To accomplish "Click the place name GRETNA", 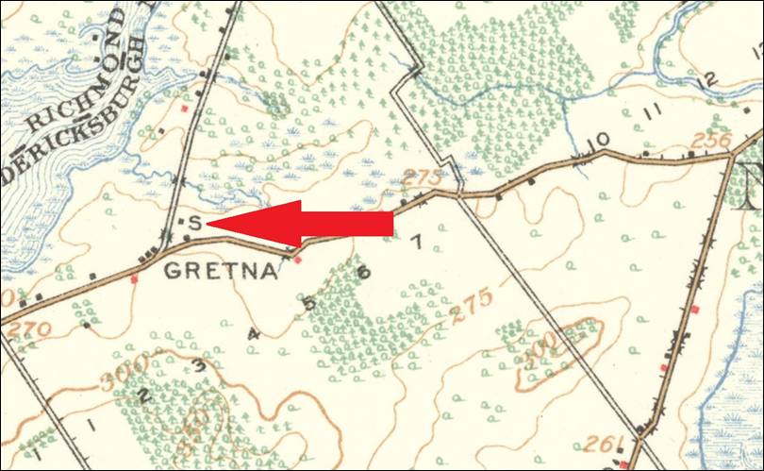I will (222, 272).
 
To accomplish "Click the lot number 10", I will (597, 141).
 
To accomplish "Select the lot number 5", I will (308, 304).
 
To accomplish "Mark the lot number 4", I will (252, 333).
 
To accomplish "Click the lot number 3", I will (198, 364).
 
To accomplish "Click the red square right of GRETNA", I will (299, 258).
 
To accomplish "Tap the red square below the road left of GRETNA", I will (134, 278).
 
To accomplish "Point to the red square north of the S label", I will (185, 109).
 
